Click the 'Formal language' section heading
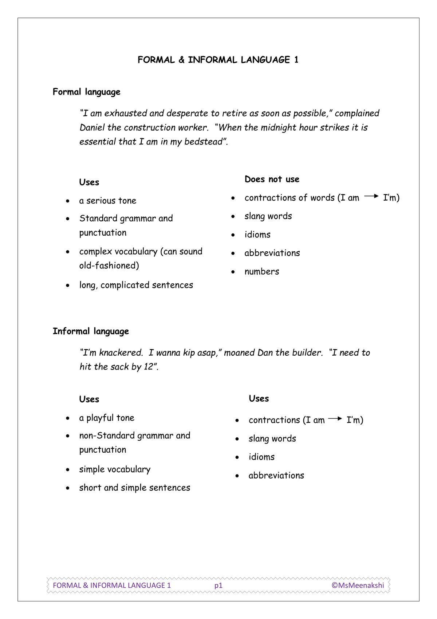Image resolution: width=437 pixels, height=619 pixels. [x=86, y=92]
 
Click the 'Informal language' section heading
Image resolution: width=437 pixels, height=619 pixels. [x=91, y=331]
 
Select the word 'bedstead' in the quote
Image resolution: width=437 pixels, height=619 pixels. [x=203, y=142]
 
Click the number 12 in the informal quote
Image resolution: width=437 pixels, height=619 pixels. [x=148, y=367]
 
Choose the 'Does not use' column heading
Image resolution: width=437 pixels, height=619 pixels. [x=272, y=179]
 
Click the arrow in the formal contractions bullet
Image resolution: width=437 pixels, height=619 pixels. [x=371, y=196]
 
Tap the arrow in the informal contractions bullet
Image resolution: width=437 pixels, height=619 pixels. [x=335, y=419]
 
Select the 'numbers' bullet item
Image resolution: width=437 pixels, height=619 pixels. [x=261, y=272]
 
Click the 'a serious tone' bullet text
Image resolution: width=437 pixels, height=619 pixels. [x=107, y=201]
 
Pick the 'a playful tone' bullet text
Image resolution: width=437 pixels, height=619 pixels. [x=107, y=418]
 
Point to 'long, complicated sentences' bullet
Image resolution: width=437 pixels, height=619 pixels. [x=136, y=285]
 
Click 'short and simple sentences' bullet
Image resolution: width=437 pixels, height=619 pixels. [x=134, y=488]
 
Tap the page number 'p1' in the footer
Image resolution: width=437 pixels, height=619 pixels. [x=218, y=585]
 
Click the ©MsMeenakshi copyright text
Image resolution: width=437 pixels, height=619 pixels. [x=358, y=585]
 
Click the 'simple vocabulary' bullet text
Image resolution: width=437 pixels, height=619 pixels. [x=115, y=469]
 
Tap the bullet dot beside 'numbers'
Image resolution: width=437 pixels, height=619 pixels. [x=233, y=272]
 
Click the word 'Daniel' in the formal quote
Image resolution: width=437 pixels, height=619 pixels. [x=92, y=128]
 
